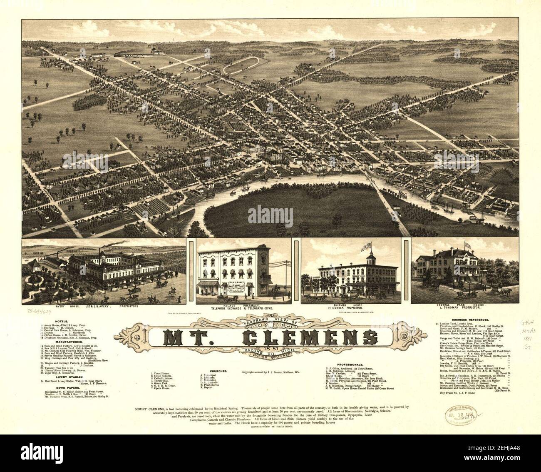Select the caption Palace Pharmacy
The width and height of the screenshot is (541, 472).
tap(243, 306)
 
